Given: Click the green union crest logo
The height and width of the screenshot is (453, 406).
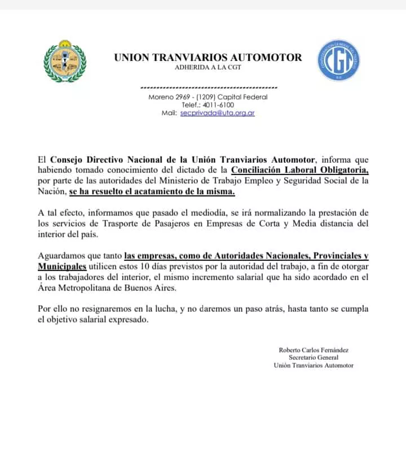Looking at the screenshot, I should [65, 61].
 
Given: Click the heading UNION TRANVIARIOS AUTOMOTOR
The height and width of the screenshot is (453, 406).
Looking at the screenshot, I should [208, 57].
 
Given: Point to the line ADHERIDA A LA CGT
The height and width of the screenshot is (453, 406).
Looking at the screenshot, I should [208, 68].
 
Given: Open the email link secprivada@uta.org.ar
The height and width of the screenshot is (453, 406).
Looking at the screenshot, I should [217, 113].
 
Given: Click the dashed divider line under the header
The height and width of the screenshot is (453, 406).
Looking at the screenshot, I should [208, 88].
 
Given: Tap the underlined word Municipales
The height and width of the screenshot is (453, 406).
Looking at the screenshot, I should [62, 266].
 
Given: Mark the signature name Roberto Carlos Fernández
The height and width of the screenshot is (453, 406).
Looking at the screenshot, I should [314, 350].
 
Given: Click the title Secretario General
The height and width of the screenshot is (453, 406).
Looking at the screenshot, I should [314, 358].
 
